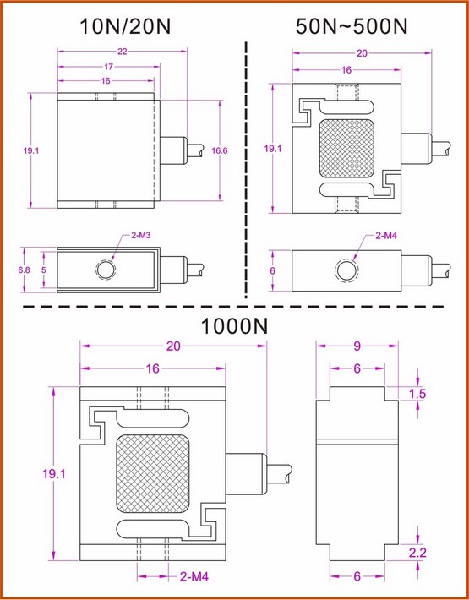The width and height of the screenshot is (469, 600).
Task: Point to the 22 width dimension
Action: point(122,52)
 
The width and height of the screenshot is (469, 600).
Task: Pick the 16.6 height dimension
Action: point(220,150)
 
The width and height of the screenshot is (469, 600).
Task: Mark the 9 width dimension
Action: point(357,346)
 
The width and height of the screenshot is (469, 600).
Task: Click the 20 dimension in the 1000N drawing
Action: point(174,346)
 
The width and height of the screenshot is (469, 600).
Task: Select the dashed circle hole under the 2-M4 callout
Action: point(346,270)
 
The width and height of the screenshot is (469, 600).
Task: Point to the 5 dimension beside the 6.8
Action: point(45,270)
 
